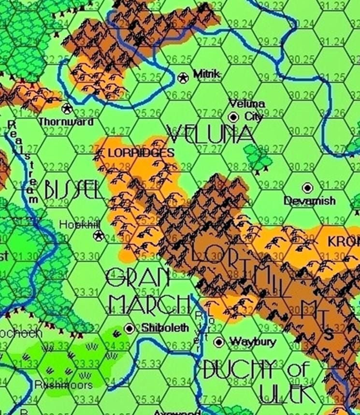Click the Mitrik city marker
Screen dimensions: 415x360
click(183, 77)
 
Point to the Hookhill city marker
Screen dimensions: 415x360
click(99, 235)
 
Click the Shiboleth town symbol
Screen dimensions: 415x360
click(130, 329)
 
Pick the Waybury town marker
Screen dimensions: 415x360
click(219, 342)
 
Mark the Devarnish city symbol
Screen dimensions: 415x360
click(307, 187)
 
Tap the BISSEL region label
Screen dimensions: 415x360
click(73, 190)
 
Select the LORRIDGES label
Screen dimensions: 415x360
click(140, 153)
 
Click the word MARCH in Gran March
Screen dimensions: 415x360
click(146, 303)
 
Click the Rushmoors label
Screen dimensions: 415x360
click(63, 385)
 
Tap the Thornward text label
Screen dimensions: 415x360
click(66, 122)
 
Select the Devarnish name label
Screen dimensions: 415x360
click(310, 200)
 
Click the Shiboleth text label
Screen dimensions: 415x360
click(165, 329)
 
